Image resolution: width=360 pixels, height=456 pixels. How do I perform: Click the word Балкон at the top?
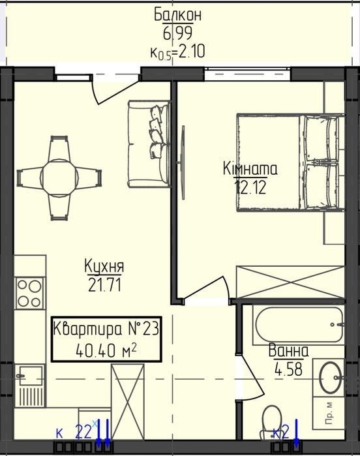click(x=177, y=15)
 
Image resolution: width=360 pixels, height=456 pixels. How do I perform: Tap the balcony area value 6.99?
click(x=177, y=33)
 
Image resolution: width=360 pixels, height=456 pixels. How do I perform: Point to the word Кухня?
click(x=104, y=266)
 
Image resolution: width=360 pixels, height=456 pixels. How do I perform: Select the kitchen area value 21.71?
click(x=104, y=284)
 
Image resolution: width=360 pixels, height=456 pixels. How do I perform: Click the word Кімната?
click(x=250, y=169)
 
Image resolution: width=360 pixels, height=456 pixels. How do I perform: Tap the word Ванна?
click(x=288, y=350)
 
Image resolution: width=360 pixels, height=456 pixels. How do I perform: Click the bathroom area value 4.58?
click(x=288, y=369)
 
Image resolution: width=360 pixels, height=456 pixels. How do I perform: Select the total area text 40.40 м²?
click(x=106, y=351)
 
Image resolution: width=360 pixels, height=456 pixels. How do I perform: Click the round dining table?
click(x=59, y=177)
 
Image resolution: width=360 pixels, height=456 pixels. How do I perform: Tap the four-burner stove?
click(x=29, y=294)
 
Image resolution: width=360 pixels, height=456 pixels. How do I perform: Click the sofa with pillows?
click(x=149, y=144)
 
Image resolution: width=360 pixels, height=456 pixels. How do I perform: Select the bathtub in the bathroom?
click(x=299, y=324)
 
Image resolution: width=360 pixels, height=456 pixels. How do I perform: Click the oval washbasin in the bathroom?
click(x=330, y=378)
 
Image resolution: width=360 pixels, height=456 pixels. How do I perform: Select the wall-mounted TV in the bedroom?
click(x=183, y=162)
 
